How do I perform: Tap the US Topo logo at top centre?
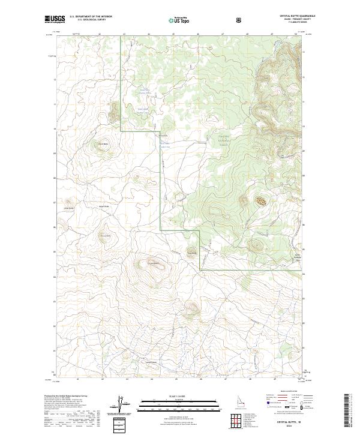pos(179,20)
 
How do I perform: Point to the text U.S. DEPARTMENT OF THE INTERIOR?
pos(91,17)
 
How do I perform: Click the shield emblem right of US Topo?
pos(240,20)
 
